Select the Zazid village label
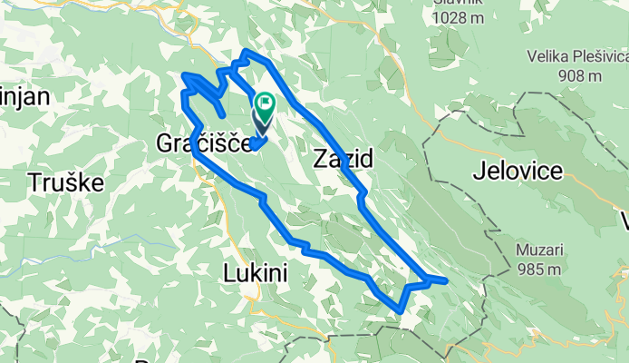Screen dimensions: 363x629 coord(343,160)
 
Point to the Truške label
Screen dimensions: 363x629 coord(64,181)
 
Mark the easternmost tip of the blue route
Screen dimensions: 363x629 coord(446,281)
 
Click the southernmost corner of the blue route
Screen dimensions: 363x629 coord(400,311)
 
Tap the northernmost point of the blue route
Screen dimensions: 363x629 coord(247,52)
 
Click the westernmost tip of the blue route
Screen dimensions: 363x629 coord(184,75)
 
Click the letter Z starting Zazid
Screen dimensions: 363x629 coord(319,160)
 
